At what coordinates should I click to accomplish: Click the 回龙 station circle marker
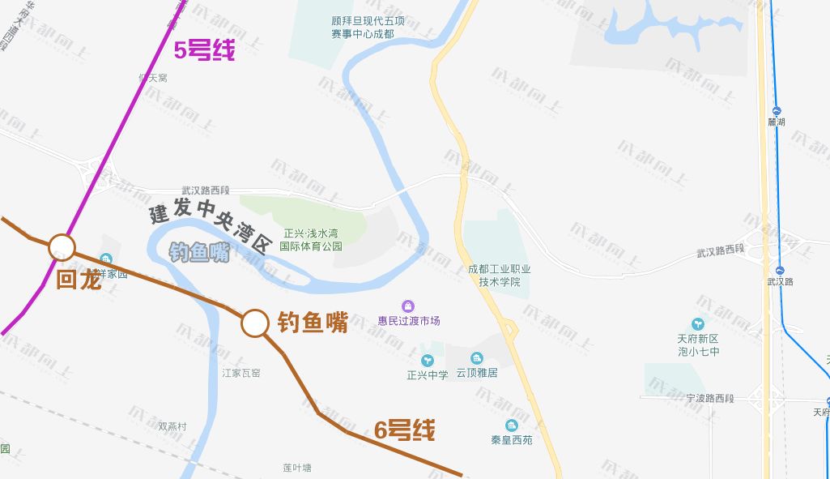coord(62,247)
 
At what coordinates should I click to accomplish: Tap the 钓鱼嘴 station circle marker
coord(254,323)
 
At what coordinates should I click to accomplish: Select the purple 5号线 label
coord(205,51)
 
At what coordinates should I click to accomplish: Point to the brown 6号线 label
coord(405,430)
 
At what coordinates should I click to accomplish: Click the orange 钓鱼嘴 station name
coord(313,323)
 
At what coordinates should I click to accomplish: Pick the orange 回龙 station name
coord(79,280)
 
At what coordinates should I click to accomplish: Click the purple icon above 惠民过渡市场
coord(408,306)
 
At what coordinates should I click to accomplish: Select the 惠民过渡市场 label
coord(409,321)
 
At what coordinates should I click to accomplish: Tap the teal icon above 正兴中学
coord(427,360)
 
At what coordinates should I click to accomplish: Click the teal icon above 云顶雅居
coord(476,358)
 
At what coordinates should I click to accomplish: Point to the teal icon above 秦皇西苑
coord(511,426)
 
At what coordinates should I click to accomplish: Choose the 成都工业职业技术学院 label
coord(499,276)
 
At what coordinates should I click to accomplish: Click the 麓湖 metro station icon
coord(777,111)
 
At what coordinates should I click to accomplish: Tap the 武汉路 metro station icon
coord(780,271)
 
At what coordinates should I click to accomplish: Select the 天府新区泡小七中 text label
coord(698,345)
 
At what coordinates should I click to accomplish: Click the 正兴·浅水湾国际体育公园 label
coord(311,239)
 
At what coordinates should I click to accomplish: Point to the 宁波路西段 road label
coord(709,399)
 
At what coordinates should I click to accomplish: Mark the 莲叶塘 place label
coord(297,468)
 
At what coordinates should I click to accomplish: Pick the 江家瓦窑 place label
coord(241,373)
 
